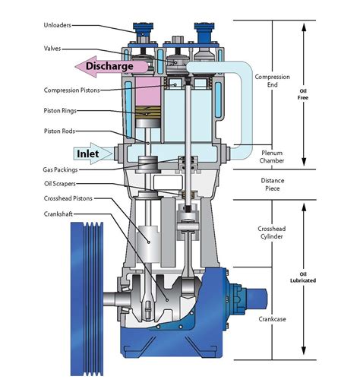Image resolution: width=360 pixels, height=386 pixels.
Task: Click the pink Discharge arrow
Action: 112,66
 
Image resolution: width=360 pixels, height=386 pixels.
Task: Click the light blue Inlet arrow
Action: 93,153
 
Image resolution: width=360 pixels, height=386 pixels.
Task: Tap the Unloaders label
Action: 57,25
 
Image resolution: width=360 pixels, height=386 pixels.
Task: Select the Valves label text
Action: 52,49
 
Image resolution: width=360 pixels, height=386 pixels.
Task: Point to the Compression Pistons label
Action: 71,90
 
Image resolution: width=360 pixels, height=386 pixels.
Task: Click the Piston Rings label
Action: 60,111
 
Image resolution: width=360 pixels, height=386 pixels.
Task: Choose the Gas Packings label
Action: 60,169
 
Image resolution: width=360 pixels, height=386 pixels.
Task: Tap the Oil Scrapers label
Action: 60,183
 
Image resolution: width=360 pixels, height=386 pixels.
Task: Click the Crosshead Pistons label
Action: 68,198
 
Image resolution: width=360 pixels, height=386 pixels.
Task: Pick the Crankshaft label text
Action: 58,214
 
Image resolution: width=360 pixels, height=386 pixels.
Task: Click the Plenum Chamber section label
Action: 272,157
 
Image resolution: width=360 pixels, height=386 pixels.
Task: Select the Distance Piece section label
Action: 273,185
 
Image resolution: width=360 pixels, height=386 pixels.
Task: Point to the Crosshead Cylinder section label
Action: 272,233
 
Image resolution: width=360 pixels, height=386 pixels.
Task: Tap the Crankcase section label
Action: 272,319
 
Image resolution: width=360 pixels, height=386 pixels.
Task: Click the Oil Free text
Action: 303,94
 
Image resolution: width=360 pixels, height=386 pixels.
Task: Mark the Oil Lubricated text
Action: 303,277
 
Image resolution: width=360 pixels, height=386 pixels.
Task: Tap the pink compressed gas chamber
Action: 148,91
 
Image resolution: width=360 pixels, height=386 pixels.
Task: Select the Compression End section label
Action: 273,81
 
